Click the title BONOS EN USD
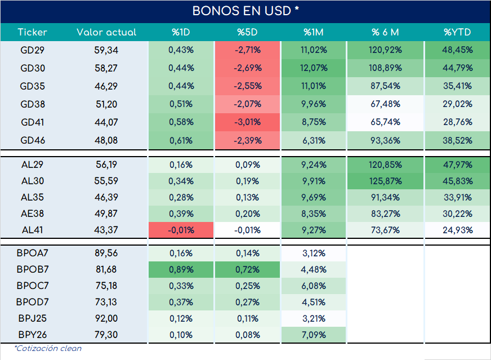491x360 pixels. click(245, 11)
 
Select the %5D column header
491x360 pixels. click(247, 32)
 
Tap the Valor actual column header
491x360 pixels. click(106, 32)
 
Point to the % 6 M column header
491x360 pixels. click(385, 32)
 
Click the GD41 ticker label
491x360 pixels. click(33, 122)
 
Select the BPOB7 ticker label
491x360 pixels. click(33, 269)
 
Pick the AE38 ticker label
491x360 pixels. click(33, 214)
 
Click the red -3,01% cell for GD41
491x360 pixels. click(247, 122)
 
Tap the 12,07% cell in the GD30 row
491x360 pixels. click(314, 68)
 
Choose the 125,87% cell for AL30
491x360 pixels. click(385, 181)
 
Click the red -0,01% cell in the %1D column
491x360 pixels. click(181, 230)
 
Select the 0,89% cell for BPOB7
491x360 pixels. click(181, 269)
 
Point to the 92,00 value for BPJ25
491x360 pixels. click(106, 318)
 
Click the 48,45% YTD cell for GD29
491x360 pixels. click(457, 50)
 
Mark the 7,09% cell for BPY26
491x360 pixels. click(314, 335)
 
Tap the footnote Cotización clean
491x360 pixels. click(48, 348)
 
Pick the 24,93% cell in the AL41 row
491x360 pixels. click(457, 230)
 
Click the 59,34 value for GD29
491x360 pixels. click(106, 50)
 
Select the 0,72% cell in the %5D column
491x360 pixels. click(247, 269)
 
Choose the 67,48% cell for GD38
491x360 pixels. click(385, 104)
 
